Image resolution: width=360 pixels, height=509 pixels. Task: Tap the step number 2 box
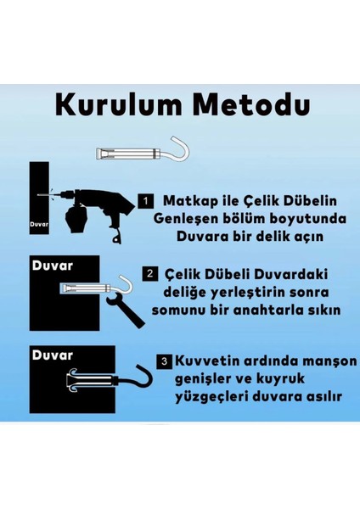click(149, 275)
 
